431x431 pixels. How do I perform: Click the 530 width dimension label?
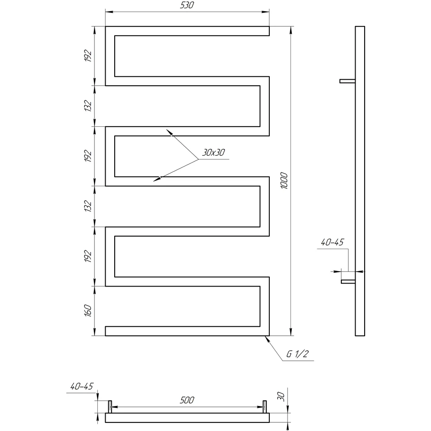(187, 5)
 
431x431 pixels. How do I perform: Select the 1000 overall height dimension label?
(284, 181)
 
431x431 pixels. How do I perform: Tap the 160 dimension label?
(87, 310)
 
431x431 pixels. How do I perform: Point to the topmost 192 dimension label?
(87, 56)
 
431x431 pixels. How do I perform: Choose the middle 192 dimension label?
(87, 156)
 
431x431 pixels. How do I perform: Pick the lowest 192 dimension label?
(87, 256)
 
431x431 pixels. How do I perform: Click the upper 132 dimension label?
(87, 106)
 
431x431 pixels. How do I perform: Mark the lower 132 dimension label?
(87, 206)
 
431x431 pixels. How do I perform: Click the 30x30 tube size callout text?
(214, 152)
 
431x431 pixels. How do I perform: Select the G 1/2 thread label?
(297, 354)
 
